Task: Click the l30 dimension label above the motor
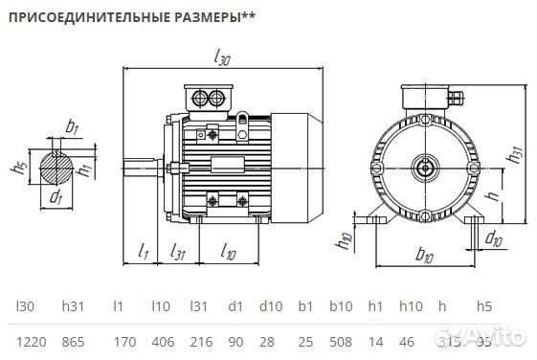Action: (x=223, y=59)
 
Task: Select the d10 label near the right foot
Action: (x=493, y=237)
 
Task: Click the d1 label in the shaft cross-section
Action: (x=56, y=199)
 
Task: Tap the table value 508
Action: (x=341, y=342)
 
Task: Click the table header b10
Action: (x=341, y=307)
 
